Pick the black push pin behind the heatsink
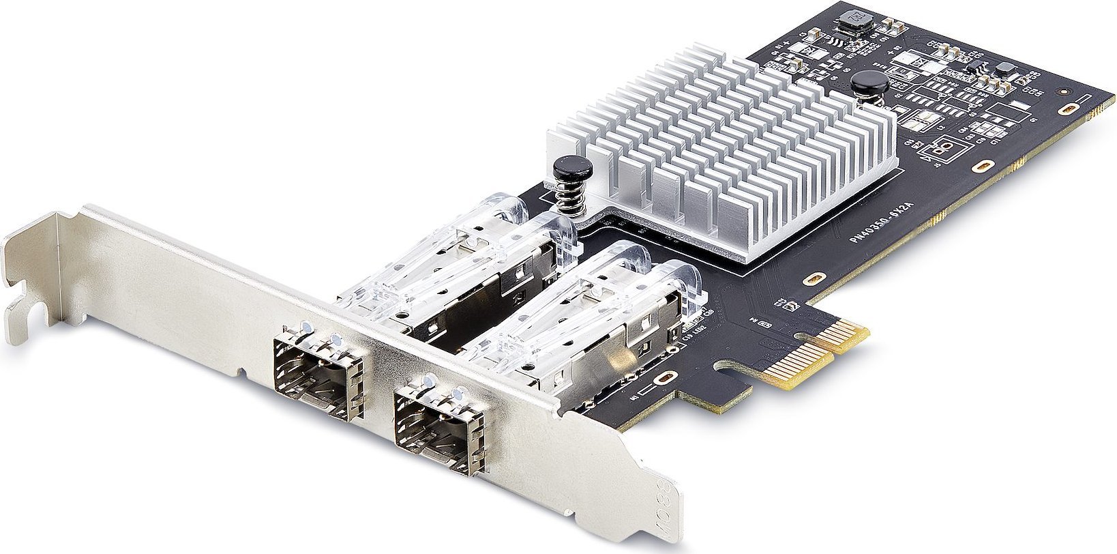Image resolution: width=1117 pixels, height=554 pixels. tap(869, 83)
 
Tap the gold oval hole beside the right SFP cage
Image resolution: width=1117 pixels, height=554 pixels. tap(665, 379)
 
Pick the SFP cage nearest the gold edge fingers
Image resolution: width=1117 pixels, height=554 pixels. tap(586, 321)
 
